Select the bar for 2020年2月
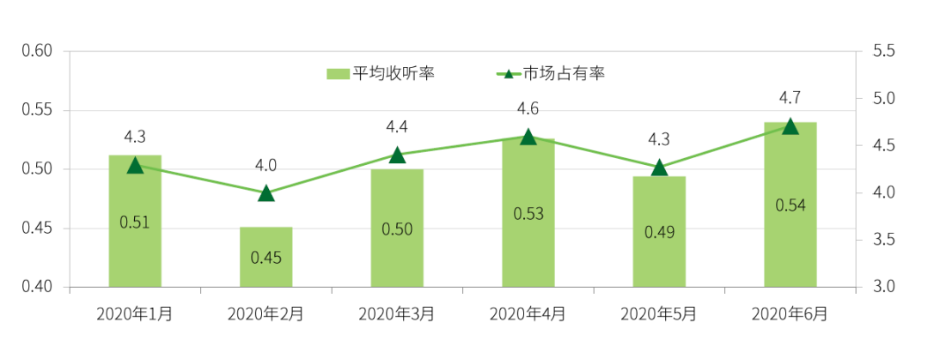[266, 257]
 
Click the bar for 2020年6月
[790, 204]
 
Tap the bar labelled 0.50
[397, 228]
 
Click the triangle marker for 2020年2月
[266, 192]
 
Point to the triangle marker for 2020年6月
[791, 126]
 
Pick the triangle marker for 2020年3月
[397, 155]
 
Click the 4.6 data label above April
[528, 109]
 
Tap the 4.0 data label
[266, 166]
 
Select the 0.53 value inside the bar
[528, 213]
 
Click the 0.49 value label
[659, 232]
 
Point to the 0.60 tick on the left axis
[38, 52]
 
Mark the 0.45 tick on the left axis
[38, 229]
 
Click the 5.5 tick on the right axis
[883, 52]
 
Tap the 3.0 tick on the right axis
[883, 287]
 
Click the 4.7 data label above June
[790, 96]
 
